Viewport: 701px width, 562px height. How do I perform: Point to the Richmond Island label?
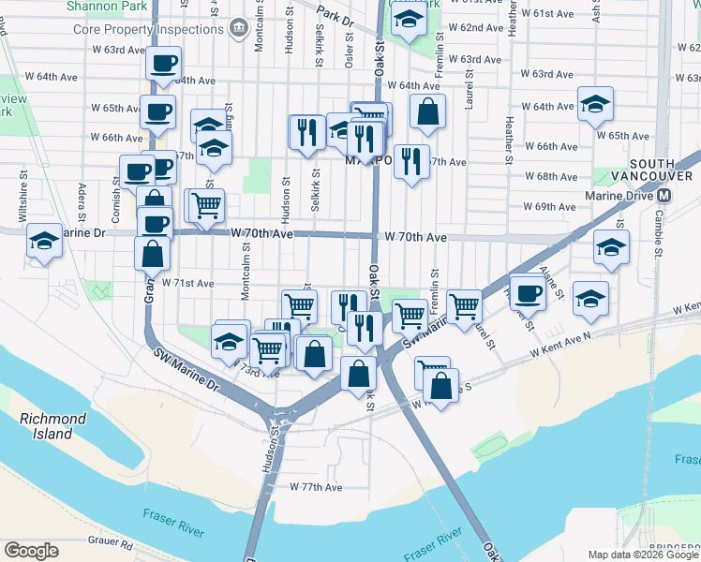pos(53,426)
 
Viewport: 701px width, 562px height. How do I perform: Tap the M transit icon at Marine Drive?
pos(664,196)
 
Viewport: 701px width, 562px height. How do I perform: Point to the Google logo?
pos(31,551)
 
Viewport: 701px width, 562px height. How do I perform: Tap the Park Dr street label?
pos(335,16)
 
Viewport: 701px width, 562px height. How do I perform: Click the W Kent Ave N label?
pos(559,343)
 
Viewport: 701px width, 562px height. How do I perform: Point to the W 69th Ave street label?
pos(549,206)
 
